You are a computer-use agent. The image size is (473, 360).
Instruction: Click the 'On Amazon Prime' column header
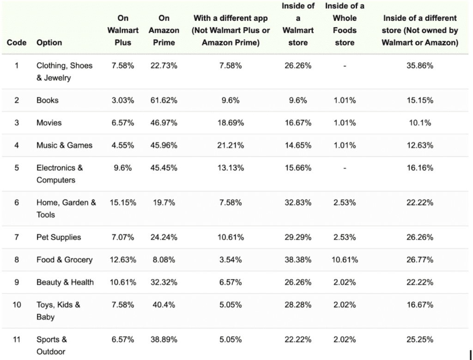pyautogui.click(x=164, y=31)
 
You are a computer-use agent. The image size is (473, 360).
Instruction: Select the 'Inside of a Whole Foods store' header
pyautogui.click(x=345, y=24)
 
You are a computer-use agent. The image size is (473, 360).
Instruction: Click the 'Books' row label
pyautogui.click(x=48, y=100)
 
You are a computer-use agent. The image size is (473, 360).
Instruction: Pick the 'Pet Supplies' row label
pyautogui.click(x=59, y=237)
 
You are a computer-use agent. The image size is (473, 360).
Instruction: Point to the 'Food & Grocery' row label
pyautogui.click(x=64, y=260)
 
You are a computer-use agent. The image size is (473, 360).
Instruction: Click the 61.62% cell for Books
pyautogui.click(x=164, y=100)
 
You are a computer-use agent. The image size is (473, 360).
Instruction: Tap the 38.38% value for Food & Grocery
pyautogui.click(x=298, y=260)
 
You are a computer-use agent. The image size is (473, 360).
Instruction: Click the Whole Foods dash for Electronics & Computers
pyautogui.click(x=345, y=168)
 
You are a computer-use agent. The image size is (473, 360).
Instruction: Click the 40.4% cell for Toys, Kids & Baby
pyautogui.click(x=164, y=305)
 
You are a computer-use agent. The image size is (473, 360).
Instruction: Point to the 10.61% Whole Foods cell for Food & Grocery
pyautogui.click(x=345, y=260)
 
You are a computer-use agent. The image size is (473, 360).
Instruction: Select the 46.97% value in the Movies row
pyautogui.click(x=164, y=123)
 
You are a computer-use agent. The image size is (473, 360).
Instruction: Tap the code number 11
pyautogui.click(x=17, y=339)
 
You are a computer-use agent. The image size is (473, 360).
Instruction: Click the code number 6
pyautogui.click(x=17, y=202)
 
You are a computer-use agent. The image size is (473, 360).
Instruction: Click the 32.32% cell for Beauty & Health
pyautogui.click(x=164, y=282)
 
